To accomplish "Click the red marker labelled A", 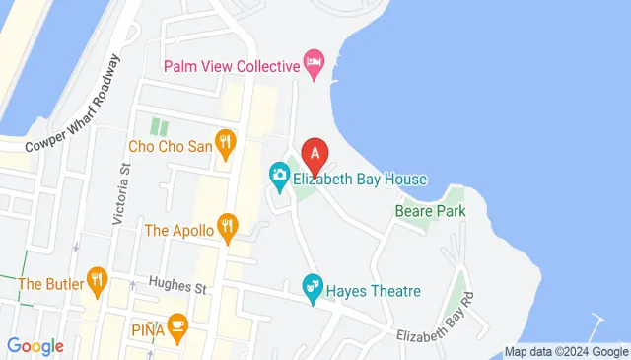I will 315,155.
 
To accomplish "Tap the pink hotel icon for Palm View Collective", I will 314,66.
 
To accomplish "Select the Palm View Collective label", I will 231,66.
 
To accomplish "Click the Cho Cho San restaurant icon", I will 227,146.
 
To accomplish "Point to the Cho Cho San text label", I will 171,146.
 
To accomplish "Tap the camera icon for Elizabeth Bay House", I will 279,179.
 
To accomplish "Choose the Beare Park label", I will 429,210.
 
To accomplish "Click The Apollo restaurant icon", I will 228,230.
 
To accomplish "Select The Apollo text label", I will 178,230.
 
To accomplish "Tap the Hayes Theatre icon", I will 313,291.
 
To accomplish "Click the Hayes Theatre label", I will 376,291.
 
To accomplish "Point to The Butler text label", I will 46,284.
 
